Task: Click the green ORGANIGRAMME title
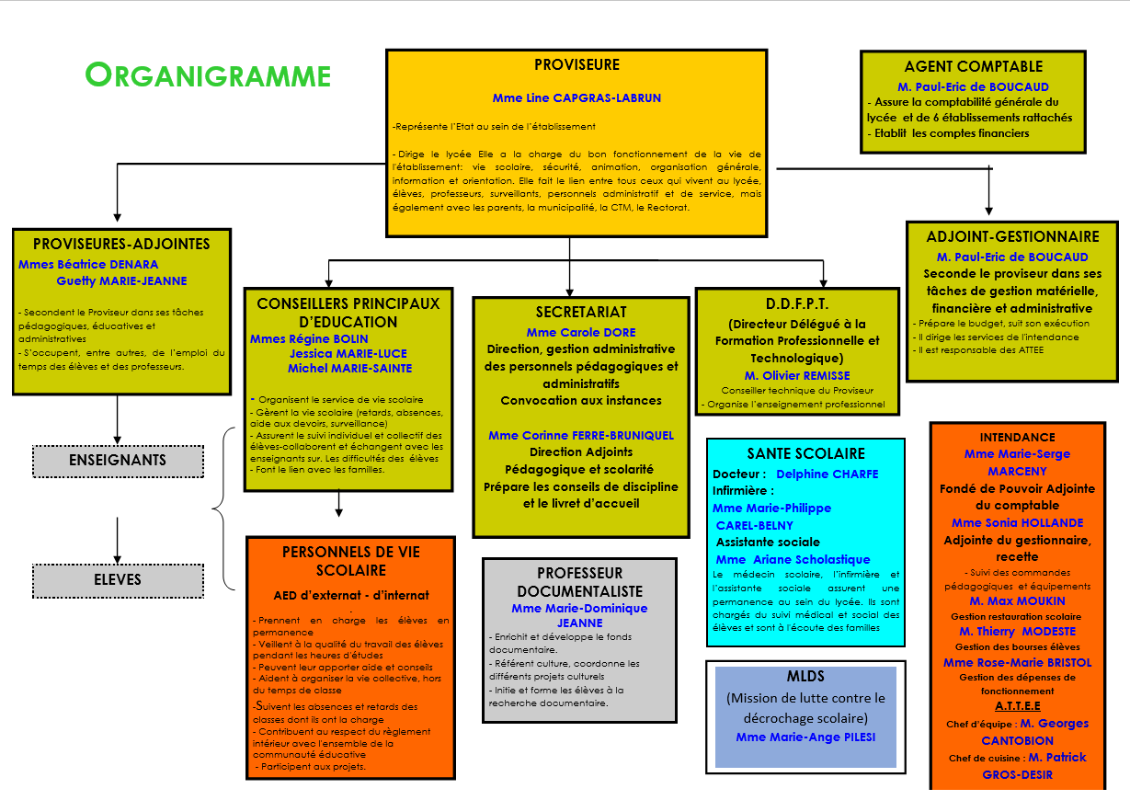[x=208, y=74]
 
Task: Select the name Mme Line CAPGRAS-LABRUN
[x=576, y=97]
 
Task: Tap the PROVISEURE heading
[x=576, y=65]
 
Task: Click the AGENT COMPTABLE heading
[x=974, y=66]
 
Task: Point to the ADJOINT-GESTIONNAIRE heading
[x=1012, y=236]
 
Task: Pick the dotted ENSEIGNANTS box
[x=118, y=461]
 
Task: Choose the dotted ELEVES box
[x=118, y=579]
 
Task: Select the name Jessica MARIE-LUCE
[x=348, y=353]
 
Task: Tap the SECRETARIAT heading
[x=581, y=312]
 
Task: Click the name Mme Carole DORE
[x=581, y=332]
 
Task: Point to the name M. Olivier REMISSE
[x=797, y=375]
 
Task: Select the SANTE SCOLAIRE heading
[x=805, y=453]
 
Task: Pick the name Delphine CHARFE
[x=828, y=474]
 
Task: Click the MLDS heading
[x=805, y=677]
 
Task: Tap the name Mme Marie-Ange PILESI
[x=805, y=737]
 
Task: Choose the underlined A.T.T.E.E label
[x=1018, y=706]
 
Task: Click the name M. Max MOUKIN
[x=1018, y=601]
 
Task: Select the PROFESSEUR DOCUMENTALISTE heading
[x=579, y=582]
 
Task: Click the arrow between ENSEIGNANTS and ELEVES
[x=118, y=538]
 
